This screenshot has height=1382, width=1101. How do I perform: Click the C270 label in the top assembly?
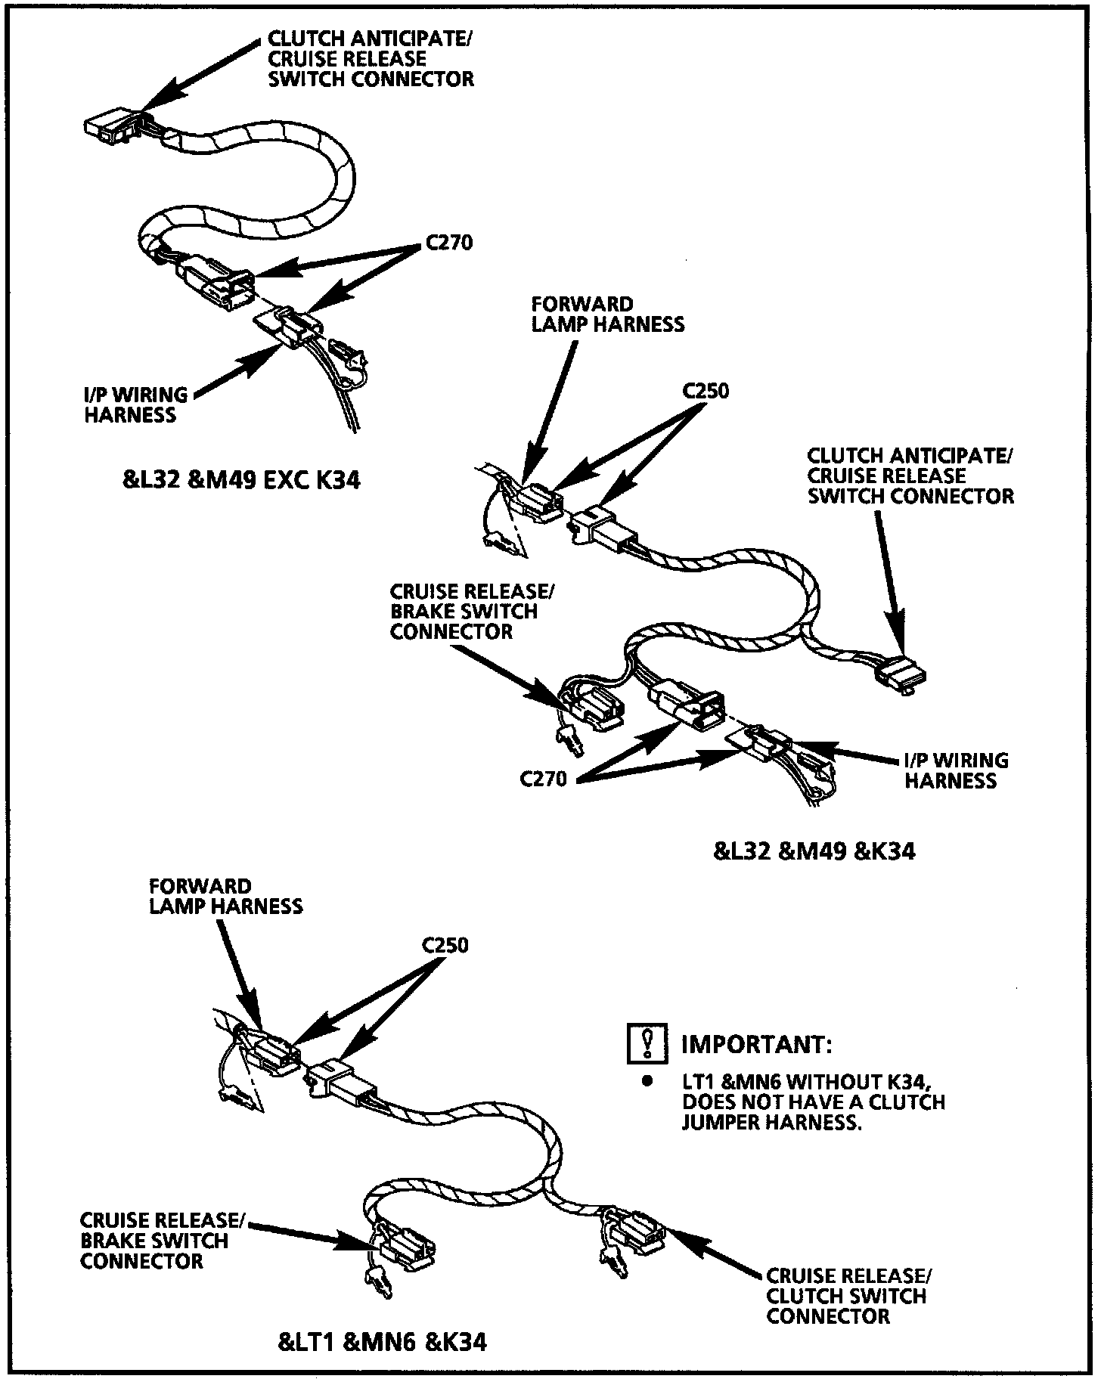449,243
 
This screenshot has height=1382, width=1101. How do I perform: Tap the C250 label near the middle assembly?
706,391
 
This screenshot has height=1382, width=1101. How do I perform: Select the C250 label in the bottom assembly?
445,945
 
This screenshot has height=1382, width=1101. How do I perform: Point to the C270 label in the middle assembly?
543,779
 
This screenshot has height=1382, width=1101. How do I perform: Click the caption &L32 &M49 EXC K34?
241,479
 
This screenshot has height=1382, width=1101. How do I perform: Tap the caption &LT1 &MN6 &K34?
383,1342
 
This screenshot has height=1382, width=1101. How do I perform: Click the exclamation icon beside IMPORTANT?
647,1043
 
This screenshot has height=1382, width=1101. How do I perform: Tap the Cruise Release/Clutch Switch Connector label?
848,1296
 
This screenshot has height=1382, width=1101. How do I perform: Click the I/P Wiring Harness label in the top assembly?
135,404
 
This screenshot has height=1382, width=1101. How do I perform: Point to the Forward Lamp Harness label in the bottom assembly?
225,896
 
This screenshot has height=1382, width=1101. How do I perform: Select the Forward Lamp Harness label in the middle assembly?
608,314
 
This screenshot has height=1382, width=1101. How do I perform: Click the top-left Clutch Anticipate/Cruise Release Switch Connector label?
371,58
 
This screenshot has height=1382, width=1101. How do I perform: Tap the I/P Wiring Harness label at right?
956,770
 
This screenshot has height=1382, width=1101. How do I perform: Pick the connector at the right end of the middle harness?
904,672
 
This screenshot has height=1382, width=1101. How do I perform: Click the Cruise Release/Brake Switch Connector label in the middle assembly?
464,611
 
